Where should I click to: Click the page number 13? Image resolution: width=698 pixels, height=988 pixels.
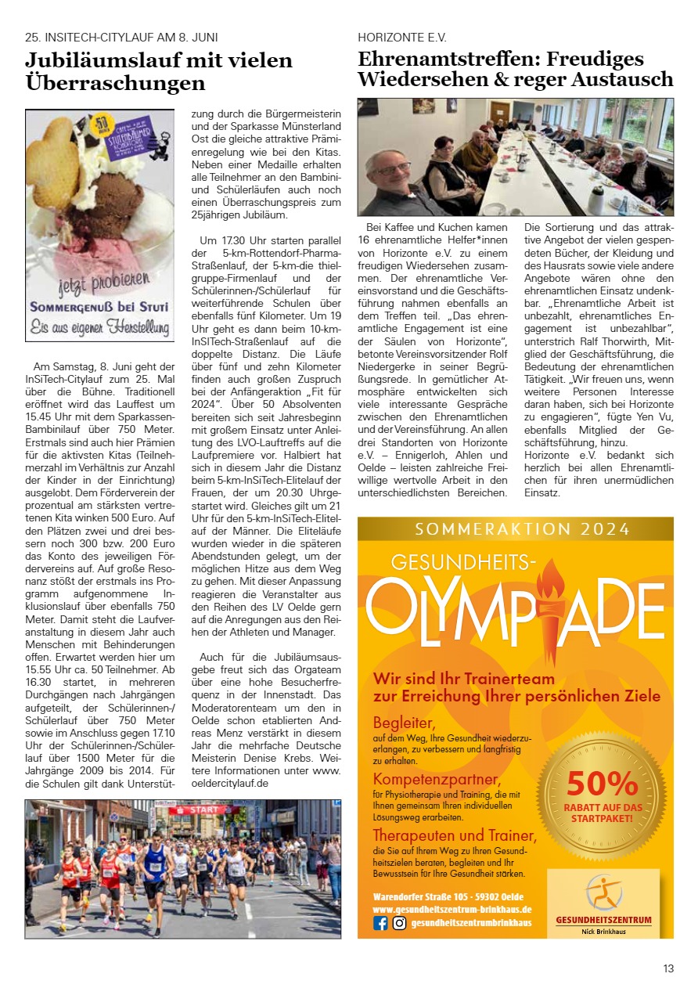coord(667,968)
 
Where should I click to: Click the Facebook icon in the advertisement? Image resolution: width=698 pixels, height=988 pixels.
coord(381,923)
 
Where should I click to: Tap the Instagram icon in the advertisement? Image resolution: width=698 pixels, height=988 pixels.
coord(399,923)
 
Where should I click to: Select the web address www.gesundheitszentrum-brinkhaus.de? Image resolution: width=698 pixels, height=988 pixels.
coord(452,909)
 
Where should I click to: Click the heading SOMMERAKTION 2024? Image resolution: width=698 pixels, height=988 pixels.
coord(522,529)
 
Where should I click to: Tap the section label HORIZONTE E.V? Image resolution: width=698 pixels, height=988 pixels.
coord(401,37)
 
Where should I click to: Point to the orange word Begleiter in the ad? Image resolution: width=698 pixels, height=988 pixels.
coord(404,722)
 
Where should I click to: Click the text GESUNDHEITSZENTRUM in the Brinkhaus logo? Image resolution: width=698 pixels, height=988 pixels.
coord(603,919)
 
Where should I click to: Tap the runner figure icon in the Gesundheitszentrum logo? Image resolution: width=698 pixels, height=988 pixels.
coord(603,892)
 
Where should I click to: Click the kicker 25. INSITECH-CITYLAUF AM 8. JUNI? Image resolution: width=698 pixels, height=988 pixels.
coord(121,37)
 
